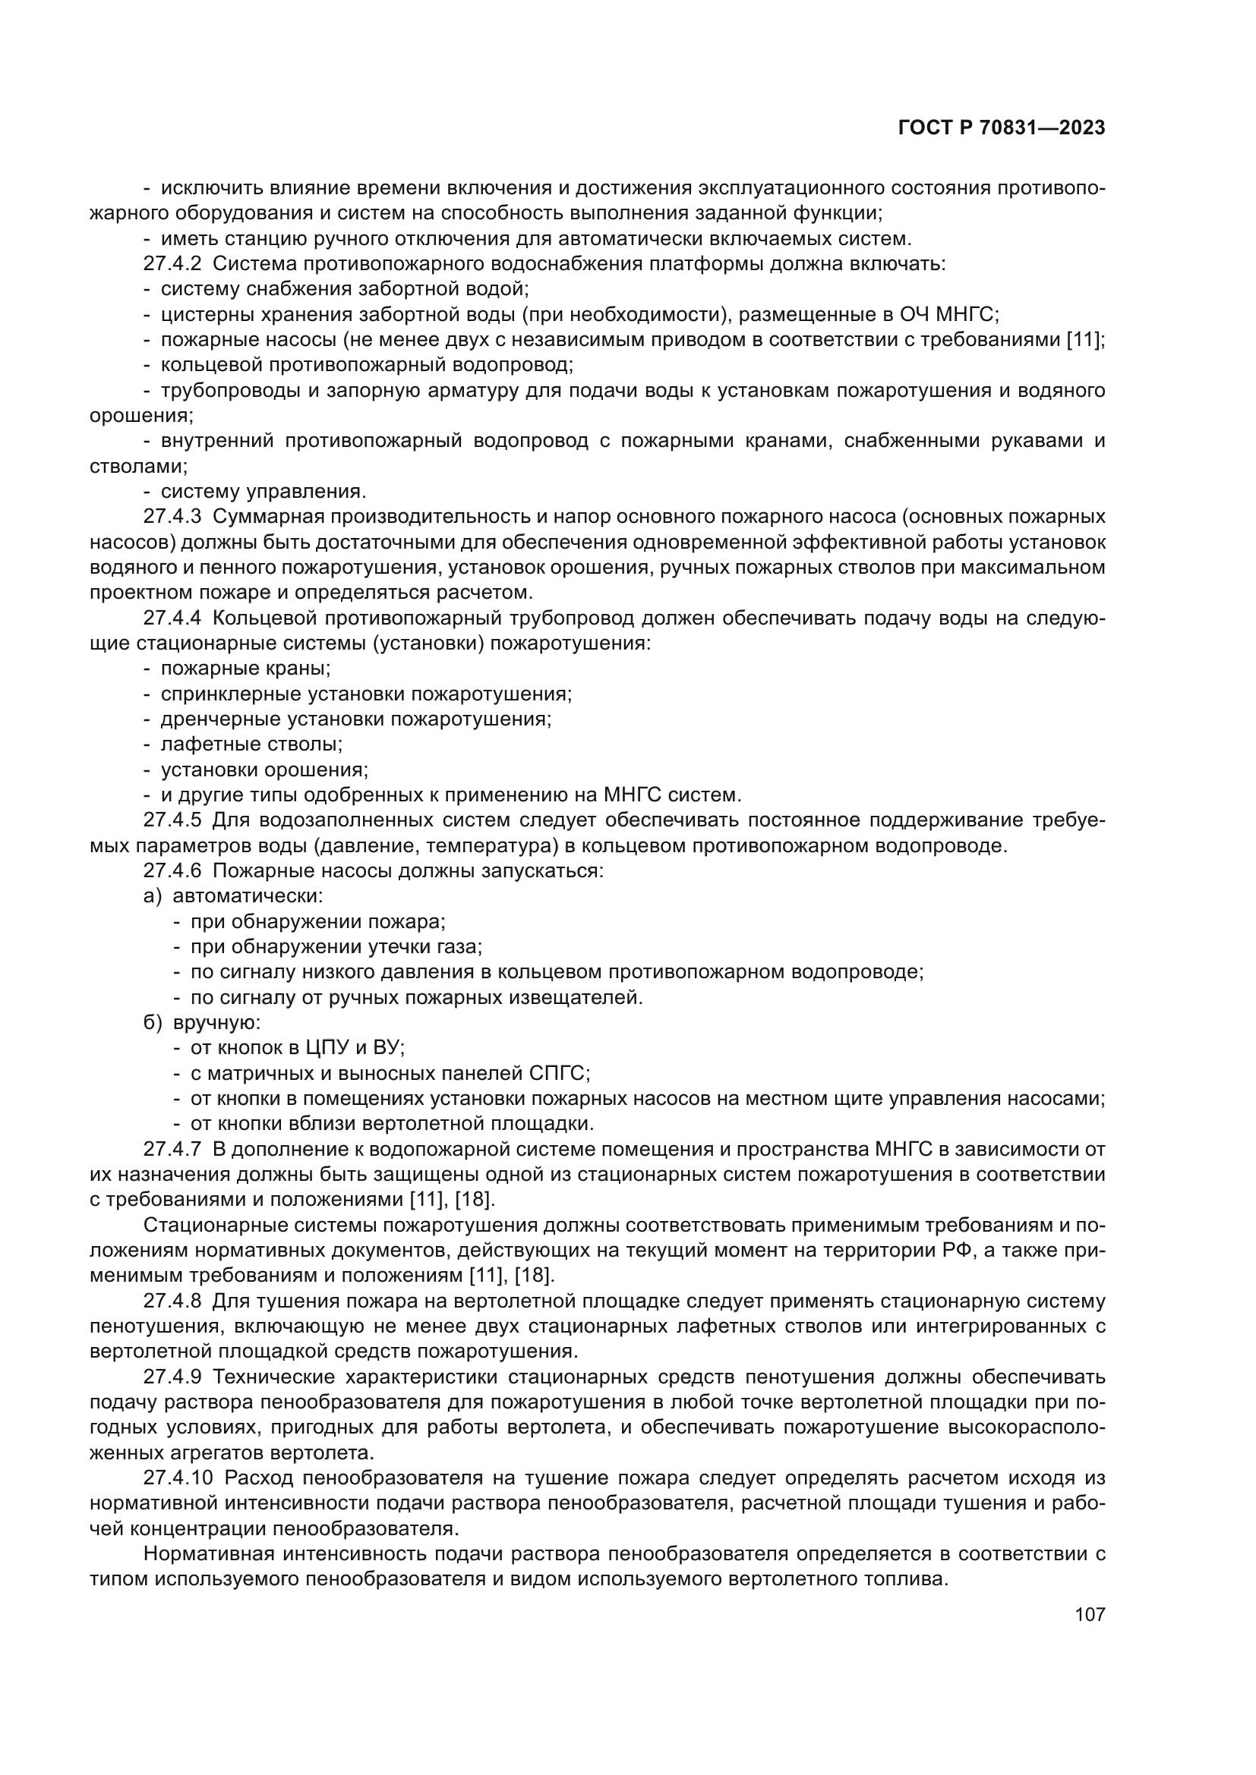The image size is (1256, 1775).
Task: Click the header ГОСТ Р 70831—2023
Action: click(1002, 128)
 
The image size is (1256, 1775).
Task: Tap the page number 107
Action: click(1090, 1614)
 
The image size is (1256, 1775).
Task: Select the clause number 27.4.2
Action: click(172, 263)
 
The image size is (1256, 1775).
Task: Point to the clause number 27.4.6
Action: click(172, 870)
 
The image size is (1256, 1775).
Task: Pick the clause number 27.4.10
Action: click(178, 1478)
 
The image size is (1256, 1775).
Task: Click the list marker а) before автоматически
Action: click(153, 896)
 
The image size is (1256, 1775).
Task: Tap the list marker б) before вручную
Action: click(153, 1023)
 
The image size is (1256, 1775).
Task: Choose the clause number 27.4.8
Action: click(172, 1301)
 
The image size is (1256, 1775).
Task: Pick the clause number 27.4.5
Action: click(172, 820)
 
